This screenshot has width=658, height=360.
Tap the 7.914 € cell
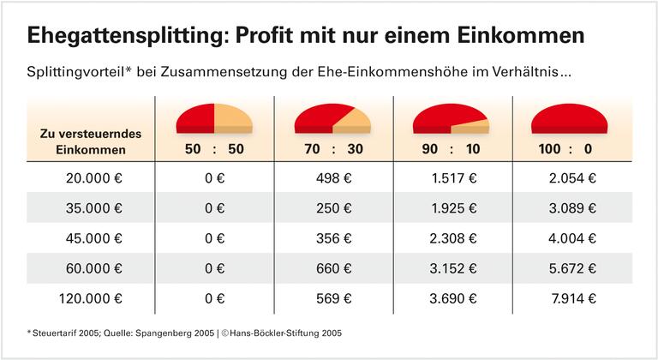tap(572, 299)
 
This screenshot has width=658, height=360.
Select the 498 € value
tap(333, 179)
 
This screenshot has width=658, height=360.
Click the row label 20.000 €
tap(94, 179)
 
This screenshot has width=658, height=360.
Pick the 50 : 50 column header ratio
tap(214, 148)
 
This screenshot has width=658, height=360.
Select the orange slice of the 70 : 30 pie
tap(355, 119)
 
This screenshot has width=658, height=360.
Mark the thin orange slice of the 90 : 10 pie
tap(475, 124)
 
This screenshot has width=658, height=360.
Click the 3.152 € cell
tap(452, 269)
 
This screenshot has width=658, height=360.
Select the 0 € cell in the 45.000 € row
tap(214, 239)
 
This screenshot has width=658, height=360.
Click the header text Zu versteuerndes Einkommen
tap(84, 141)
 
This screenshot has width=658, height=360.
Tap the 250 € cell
tap(333, 209)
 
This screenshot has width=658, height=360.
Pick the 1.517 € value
tap(452, 179)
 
